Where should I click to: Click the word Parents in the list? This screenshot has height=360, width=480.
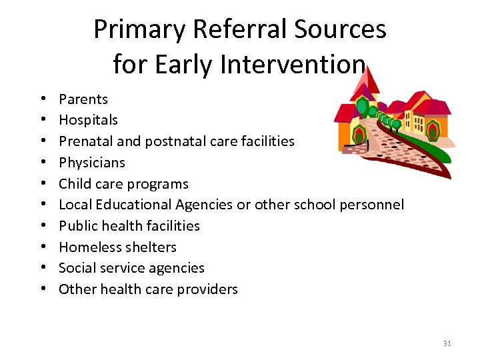pos(83,99)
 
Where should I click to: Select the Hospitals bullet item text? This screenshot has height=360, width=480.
pos(88,120)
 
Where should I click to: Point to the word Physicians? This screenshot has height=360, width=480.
pos(92,163)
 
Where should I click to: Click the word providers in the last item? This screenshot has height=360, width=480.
pos(207,289)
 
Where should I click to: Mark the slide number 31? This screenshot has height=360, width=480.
pos(447,343)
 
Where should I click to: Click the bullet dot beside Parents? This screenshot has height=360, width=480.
pos(43,99)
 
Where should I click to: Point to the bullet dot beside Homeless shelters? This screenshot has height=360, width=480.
pos(43,247)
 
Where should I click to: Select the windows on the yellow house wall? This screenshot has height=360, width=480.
pos(418,123)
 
